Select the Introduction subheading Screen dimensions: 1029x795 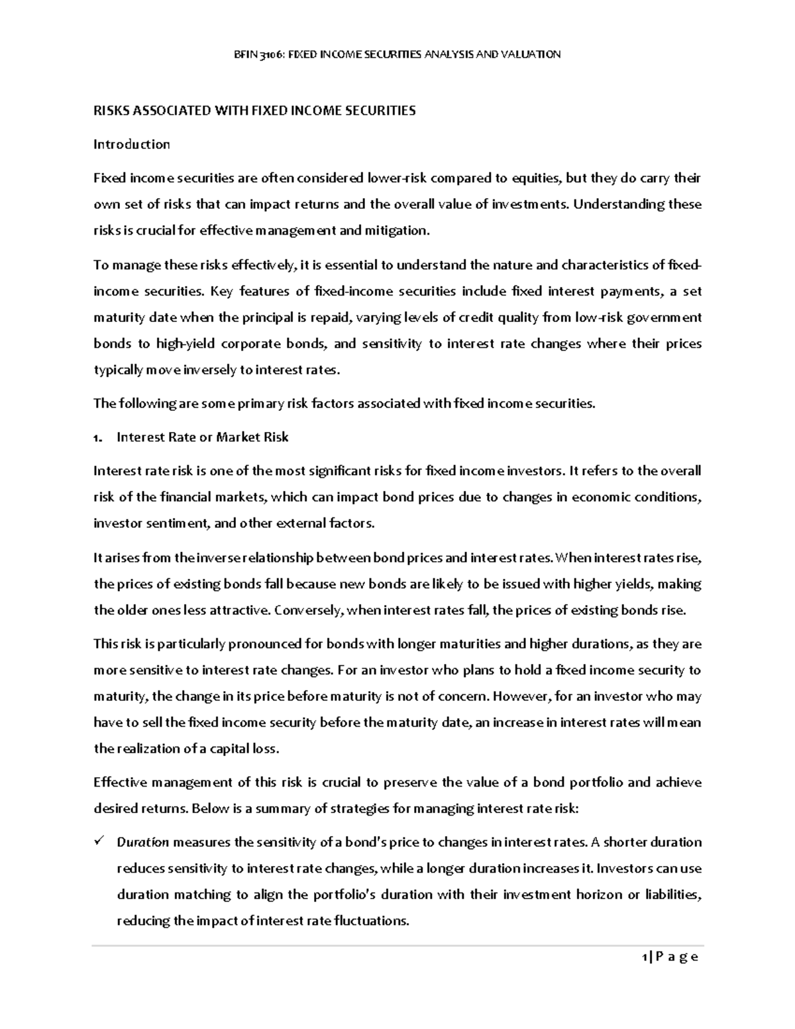[x=131, y=144]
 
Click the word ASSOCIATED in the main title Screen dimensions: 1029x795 [x=169, y=111]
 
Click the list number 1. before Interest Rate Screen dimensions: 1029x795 [x=98, y=438]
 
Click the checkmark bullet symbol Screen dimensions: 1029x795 [x=99, y=842]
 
